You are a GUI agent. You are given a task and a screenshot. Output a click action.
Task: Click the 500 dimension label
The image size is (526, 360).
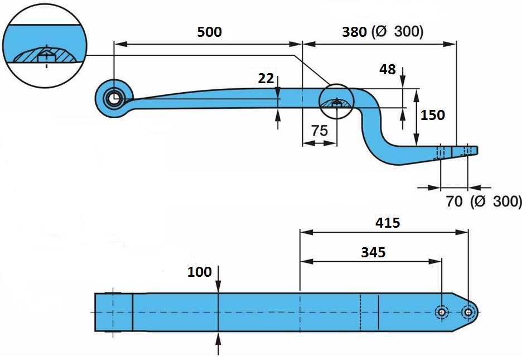pyautogui.click(x=209, y=32)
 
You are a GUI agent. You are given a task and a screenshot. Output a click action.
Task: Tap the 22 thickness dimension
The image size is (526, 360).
pyautogui.click(x=266, y=78)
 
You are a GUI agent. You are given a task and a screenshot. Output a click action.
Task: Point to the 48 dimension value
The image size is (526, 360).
pyautogui.click(x=387, y=70)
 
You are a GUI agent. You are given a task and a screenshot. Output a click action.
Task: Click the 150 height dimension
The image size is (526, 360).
pyautogui.click(x=433, y=115)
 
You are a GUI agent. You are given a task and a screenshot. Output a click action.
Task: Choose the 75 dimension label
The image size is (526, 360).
pyautogui.click(x=319, y=131)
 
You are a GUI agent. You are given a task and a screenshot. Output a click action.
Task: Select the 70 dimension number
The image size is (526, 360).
pyautogui.click(x=454, y=201)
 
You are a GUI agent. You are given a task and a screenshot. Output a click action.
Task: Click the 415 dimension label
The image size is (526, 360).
pyautogui.click(x=388, y=223)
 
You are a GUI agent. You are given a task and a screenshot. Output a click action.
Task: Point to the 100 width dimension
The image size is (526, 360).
pyautogui.click(x=200, y=272)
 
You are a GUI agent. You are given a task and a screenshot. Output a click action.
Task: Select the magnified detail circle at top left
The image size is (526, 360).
pyautogui.click(x=46, y=46)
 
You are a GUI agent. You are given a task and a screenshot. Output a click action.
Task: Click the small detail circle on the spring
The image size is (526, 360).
pyautogui.click(x=336, y=102)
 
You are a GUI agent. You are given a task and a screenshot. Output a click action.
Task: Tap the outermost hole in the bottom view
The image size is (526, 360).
pyautogui.click(x=467, y=312)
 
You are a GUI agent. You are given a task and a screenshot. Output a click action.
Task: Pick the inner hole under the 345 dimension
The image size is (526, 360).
pyautogui.click(x=442, y=312)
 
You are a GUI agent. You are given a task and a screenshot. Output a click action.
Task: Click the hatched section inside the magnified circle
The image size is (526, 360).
pyautogui.click(x=45, y=55)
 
